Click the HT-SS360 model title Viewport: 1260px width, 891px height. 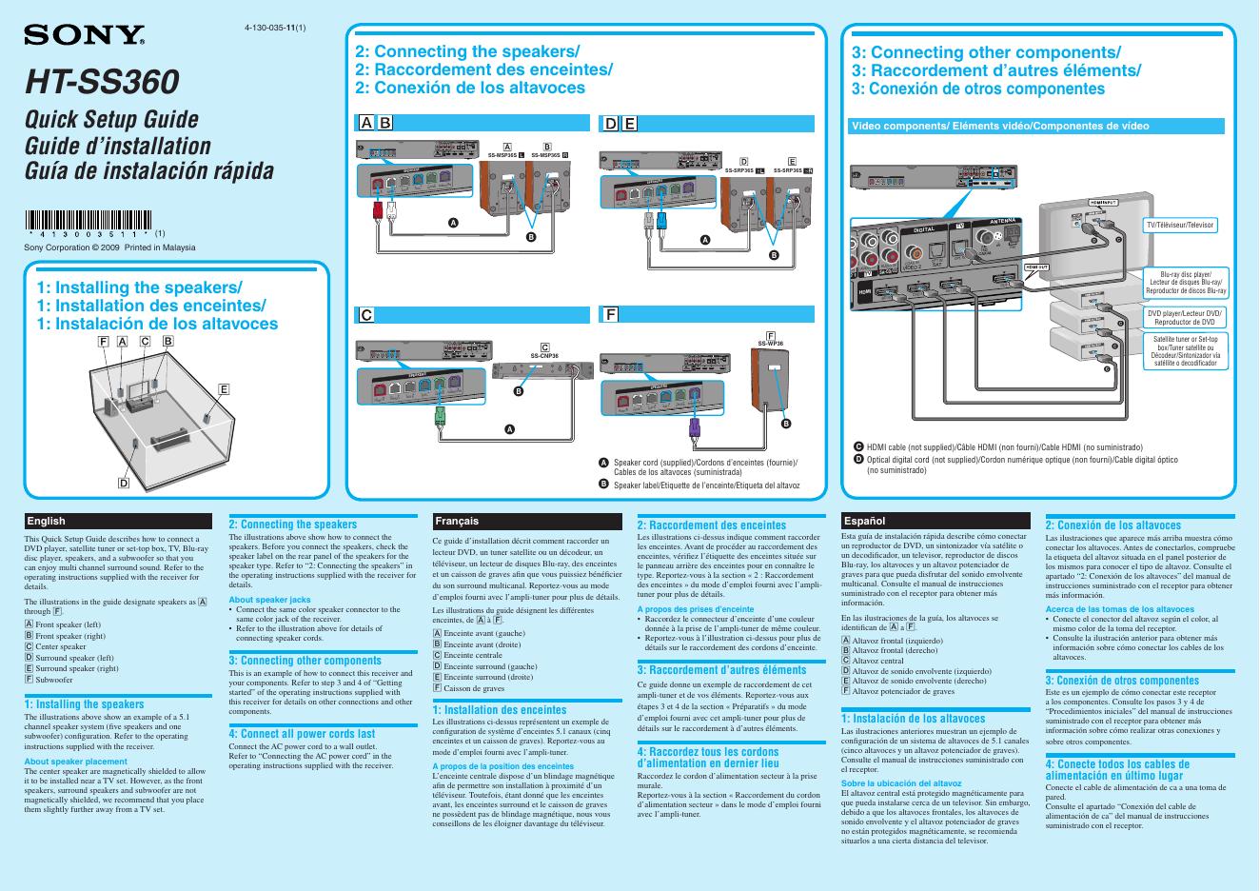click(102, 82)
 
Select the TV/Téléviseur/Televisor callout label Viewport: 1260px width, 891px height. click(1180, 225)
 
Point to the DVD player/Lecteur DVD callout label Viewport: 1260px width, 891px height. click(1185, 317)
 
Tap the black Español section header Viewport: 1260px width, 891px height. click(935, 521)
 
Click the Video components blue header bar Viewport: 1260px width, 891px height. click(1035, 126)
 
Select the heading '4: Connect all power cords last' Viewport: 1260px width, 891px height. click(302, 734)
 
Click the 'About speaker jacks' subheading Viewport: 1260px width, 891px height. click(269, 599)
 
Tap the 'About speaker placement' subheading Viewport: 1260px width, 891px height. click(75, 761)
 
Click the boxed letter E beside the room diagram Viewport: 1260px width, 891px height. click(224, 389)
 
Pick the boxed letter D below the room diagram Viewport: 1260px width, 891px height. click(124, 484)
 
